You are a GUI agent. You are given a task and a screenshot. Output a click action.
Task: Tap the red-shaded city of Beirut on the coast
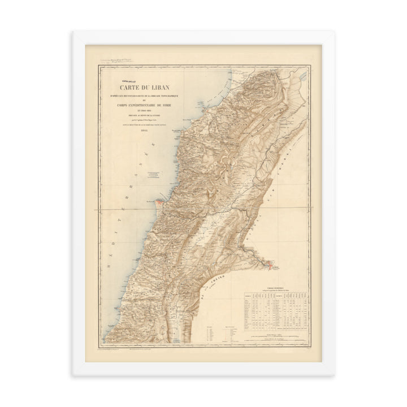(x=162, y=203)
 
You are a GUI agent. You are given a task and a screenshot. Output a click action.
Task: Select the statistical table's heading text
(x=276, y=288)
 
